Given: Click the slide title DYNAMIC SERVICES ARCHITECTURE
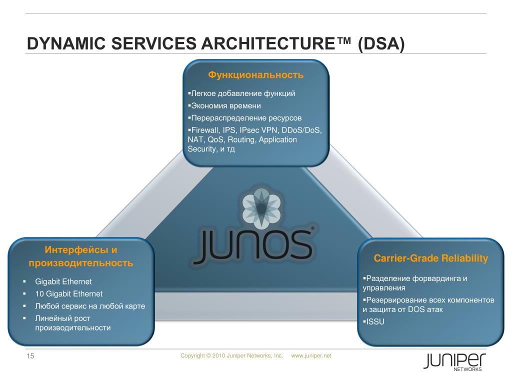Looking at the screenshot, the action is (215, 44).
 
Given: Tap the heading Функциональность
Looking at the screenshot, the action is (256, 75).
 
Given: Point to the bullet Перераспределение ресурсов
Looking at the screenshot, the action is (245, 118).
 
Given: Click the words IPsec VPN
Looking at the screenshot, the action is (256, 130).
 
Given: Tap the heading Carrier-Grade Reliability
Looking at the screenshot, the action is (430, 258).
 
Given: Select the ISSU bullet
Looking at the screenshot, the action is (375, 321).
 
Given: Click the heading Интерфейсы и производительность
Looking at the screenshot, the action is (81, 256).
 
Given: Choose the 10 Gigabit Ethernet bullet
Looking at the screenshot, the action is (68, 294).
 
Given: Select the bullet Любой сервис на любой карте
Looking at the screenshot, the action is (90, 306).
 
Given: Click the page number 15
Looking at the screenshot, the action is (30, 356).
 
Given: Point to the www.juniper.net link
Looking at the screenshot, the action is (311, 355).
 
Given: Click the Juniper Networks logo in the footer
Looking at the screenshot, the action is (453, 361).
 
